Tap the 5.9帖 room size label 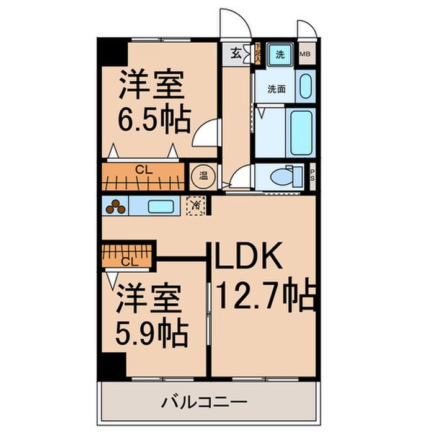[152, 334]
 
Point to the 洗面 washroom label [276, 89]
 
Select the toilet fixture [284, 177]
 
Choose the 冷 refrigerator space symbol [195, 204]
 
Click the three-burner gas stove [115, 206]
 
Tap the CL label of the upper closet [143, 168]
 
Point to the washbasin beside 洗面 [304, 86]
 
